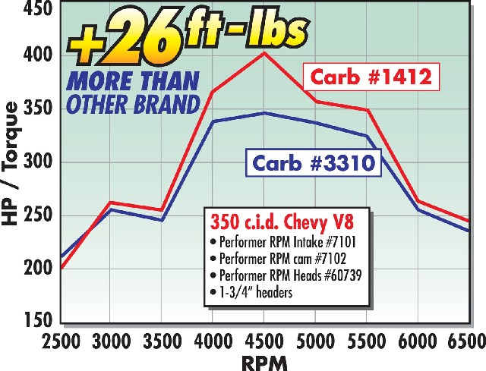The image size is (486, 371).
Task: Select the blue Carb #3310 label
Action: pos(313,162)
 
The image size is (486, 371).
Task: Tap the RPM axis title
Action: pos(263,361)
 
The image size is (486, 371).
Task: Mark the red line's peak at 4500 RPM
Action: pos(264,52)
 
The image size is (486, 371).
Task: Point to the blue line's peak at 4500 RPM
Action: pos(264,113)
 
